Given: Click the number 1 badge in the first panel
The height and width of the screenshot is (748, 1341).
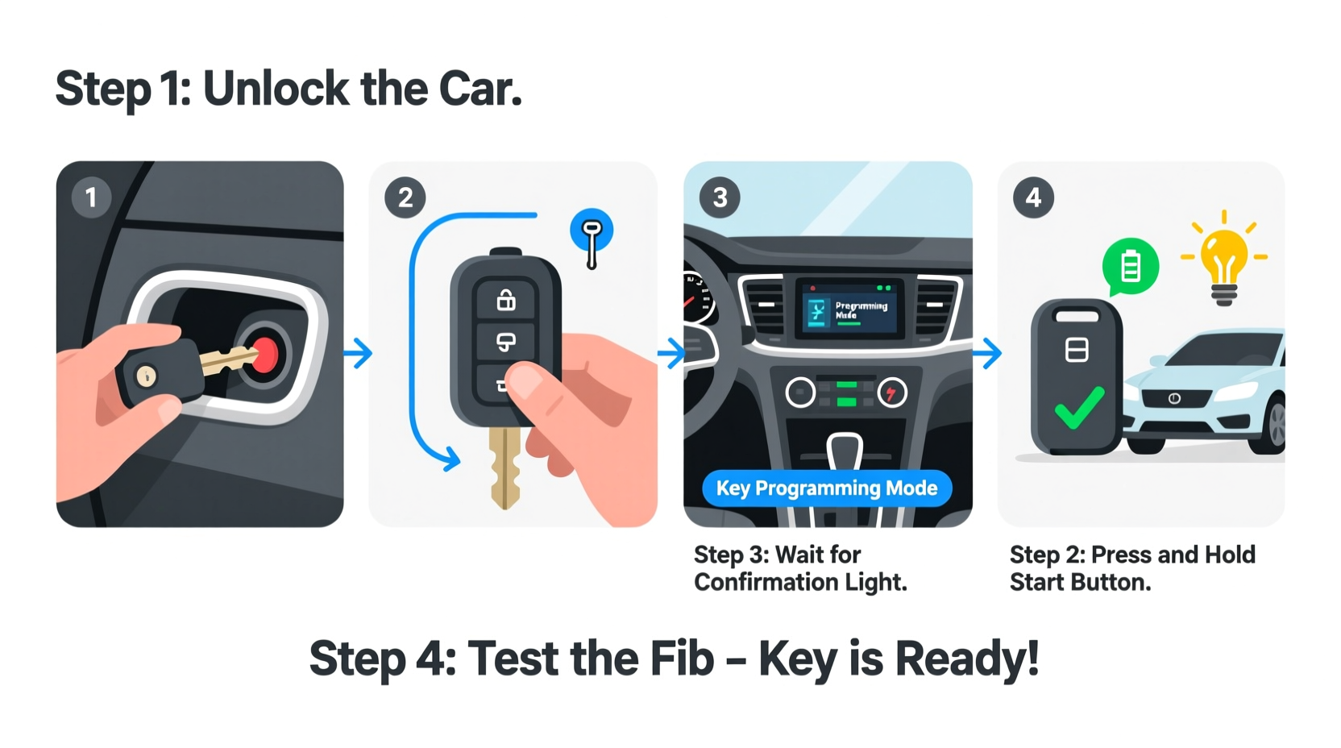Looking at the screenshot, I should coord(91,197).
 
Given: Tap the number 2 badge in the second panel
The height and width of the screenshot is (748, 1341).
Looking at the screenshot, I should coord(405,197).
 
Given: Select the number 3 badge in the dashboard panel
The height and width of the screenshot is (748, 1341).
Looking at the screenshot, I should coord(720,197).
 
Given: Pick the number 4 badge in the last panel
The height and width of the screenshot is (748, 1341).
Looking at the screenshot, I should coord(1033,197).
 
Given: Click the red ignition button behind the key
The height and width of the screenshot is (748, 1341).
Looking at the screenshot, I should coord(265,355).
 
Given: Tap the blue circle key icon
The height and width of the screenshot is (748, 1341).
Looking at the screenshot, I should coord(592,231).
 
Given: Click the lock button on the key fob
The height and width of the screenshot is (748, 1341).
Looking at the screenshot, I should coord(506,301).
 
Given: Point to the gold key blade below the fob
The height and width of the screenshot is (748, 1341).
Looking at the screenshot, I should coord(505,467).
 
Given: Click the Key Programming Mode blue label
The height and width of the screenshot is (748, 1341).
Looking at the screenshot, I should coord(827,488).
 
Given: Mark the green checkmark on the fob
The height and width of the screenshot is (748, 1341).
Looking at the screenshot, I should coord(1079,408).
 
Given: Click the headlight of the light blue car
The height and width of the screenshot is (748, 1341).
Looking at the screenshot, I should coord(1235,393).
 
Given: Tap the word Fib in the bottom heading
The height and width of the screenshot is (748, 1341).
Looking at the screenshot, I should coord(682,659).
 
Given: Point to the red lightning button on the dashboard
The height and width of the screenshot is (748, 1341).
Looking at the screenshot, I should coord(891,393).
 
